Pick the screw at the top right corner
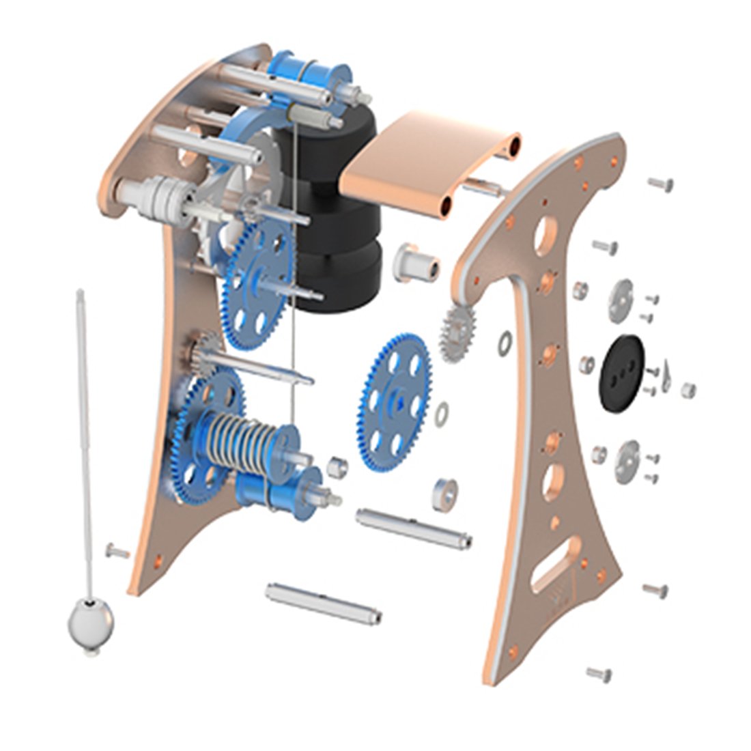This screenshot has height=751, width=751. [x=660, y=182]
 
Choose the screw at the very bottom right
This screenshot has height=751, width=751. [x=599, y=673]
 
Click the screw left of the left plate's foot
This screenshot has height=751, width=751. [x=117, y=550]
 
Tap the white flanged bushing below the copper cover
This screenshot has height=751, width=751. [x=413, y=262]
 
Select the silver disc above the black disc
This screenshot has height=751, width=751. [x=622, y=300]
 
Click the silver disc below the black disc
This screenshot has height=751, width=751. [x=626, y=462]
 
